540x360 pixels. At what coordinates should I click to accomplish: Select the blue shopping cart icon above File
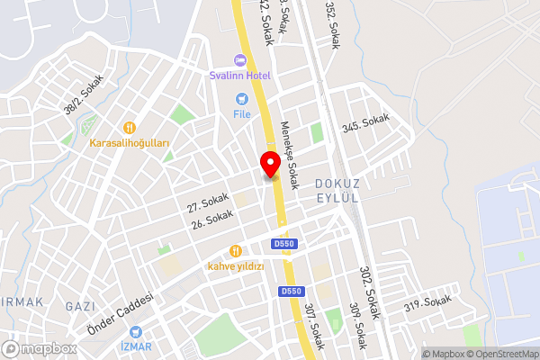pyautogui.click(x=241, y=99)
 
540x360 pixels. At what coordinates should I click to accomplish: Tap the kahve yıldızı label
pyautogui.click(x=236, y=266)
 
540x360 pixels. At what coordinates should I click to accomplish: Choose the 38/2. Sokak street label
pyautogui.click(x=84, y=94)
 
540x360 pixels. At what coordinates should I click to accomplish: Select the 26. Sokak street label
pyautogui.click(x=212, y=219)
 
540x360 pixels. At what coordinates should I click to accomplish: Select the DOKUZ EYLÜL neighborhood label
pyautogui.click(x=337, y=191)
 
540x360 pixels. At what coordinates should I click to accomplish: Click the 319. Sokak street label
pyautogui.click(x=426, y=303)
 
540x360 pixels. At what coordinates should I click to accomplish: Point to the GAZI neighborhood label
pyautogui.click(x=80, y=307)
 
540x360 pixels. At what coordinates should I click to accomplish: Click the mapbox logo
pyautogui.click(x=40, y=348)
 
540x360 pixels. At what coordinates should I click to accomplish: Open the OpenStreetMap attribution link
pyautogui.click(x=502, y=354)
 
